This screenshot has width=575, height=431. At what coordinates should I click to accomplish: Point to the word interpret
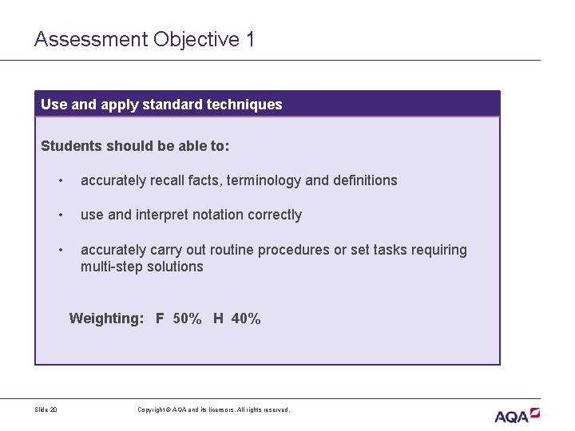click(162, 215)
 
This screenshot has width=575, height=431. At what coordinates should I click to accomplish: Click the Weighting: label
click(106, 318)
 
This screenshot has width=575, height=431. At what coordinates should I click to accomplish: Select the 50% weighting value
click(187, 318)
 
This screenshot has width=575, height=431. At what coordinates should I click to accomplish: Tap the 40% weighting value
click(246, 318)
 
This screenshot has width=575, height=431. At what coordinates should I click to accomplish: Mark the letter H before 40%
click(218, 318)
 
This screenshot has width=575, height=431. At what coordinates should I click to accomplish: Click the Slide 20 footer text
click(46, 410)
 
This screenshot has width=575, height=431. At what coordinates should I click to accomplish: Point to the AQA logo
click(517, 415)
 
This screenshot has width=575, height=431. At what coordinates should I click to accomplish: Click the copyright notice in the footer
click(213, 410)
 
